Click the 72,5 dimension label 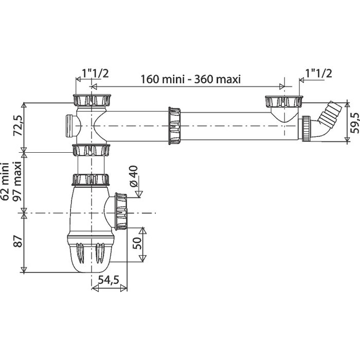18,125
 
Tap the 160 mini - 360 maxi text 190,79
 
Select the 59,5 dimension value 355,123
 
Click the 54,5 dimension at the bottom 109,280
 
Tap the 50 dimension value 137,243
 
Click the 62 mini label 5,182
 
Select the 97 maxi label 17,182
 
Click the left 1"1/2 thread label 95,74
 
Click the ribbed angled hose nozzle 330,112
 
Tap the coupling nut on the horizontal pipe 174,126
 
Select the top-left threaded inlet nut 92,100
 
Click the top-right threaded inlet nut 284,101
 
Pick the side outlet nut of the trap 121,211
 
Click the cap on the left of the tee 69,126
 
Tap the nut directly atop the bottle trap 91,179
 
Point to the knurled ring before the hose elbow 307,129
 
